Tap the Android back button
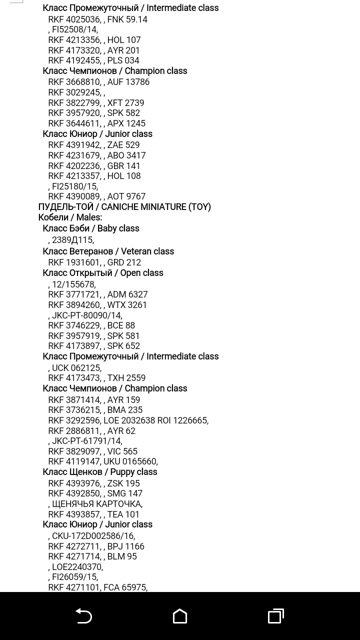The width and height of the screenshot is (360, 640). (83, 616)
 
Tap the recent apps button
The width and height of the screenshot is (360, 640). (275, 616)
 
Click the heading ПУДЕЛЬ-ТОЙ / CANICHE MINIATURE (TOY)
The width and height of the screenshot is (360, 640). (124, 207)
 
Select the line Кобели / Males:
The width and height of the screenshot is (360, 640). (70, 217)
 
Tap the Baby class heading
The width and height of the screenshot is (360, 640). (91, 228)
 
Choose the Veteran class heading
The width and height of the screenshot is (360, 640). (108, 251)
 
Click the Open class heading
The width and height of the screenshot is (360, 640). (103, 273)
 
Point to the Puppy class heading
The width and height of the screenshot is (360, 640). (100, 472)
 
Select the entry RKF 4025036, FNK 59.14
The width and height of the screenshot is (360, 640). (97, 19)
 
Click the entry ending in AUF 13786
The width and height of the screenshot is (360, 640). (98, 82)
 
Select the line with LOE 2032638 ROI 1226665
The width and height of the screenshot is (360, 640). (128, 420)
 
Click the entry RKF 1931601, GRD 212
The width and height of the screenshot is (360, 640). (94, 262)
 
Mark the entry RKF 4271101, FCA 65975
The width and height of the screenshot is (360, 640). (97, 587)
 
